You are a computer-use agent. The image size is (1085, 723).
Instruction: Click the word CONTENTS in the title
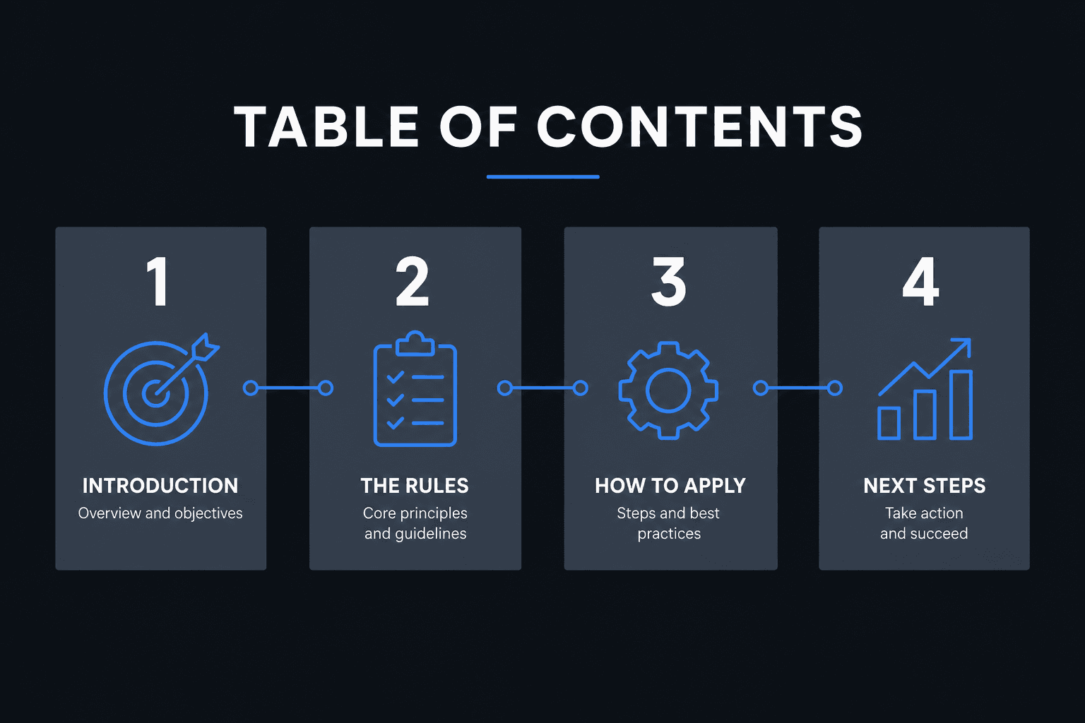click(699, 127)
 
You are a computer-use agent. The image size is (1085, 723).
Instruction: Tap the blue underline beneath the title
click(543, 177)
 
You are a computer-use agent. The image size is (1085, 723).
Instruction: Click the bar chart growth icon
click(925, 389)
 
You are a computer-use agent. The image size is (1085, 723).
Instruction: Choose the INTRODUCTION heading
click(160, 486)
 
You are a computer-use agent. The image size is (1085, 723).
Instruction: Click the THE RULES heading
click(415, 486)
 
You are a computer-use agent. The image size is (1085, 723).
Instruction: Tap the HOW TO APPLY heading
click(670, 486)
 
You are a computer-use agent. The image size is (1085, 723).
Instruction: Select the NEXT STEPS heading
click(924, 486)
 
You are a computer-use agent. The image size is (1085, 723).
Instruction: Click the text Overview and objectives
click(160, 513)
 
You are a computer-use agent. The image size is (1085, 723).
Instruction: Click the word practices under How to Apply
click(669, 534)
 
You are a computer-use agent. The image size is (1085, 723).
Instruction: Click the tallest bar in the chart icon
click(961, 405)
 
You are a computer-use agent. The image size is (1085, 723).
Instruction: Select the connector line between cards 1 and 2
click(288, 388)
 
